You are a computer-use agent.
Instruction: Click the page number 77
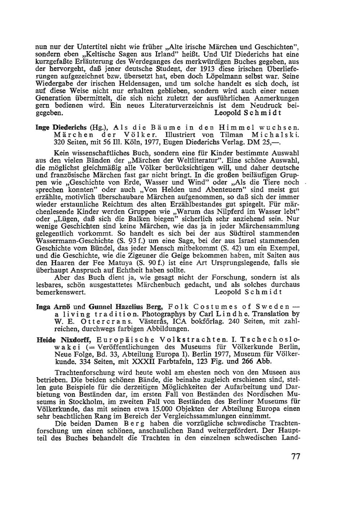pos(296,457)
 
